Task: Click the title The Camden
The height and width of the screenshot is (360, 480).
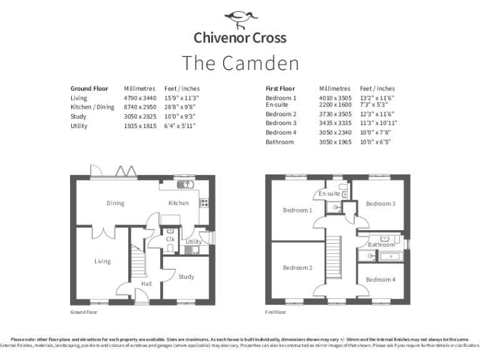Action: (x=240, y=63)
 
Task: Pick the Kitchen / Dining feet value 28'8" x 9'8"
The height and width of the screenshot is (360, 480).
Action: (x=180, y=107)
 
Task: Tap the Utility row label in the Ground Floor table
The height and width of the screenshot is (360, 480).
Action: (x=79, y=126)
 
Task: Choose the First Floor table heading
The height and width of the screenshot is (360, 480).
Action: (x=280, y=89)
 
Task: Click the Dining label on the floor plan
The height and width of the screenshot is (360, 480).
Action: (x=115, y=203)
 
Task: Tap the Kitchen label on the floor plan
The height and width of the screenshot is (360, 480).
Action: (x=178, y=203)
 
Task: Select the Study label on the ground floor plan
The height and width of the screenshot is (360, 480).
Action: (x=186, y=276)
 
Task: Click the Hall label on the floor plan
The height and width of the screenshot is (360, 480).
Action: (x=146, y=284)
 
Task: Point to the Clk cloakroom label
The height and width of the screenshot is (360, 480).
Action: (x=170, y=239)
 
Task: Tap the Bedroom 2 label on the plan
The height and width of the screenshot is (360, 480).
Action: (x=297, y=267)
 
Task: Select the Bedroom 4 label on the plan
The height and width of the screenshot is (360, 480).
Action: (x=380, y=279)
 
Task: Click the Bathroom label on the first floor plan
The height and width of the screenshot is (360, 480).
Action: (x=381, y=245)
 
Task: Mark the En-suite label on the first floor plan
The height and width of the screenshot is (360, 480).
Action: (x=329, y=194)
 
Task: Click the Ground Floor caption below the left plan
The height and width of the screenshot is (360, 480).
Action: (x=83, y=311)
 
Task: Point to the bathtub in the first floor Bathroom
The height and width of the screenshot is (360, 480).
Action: (x=379, y=256)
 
